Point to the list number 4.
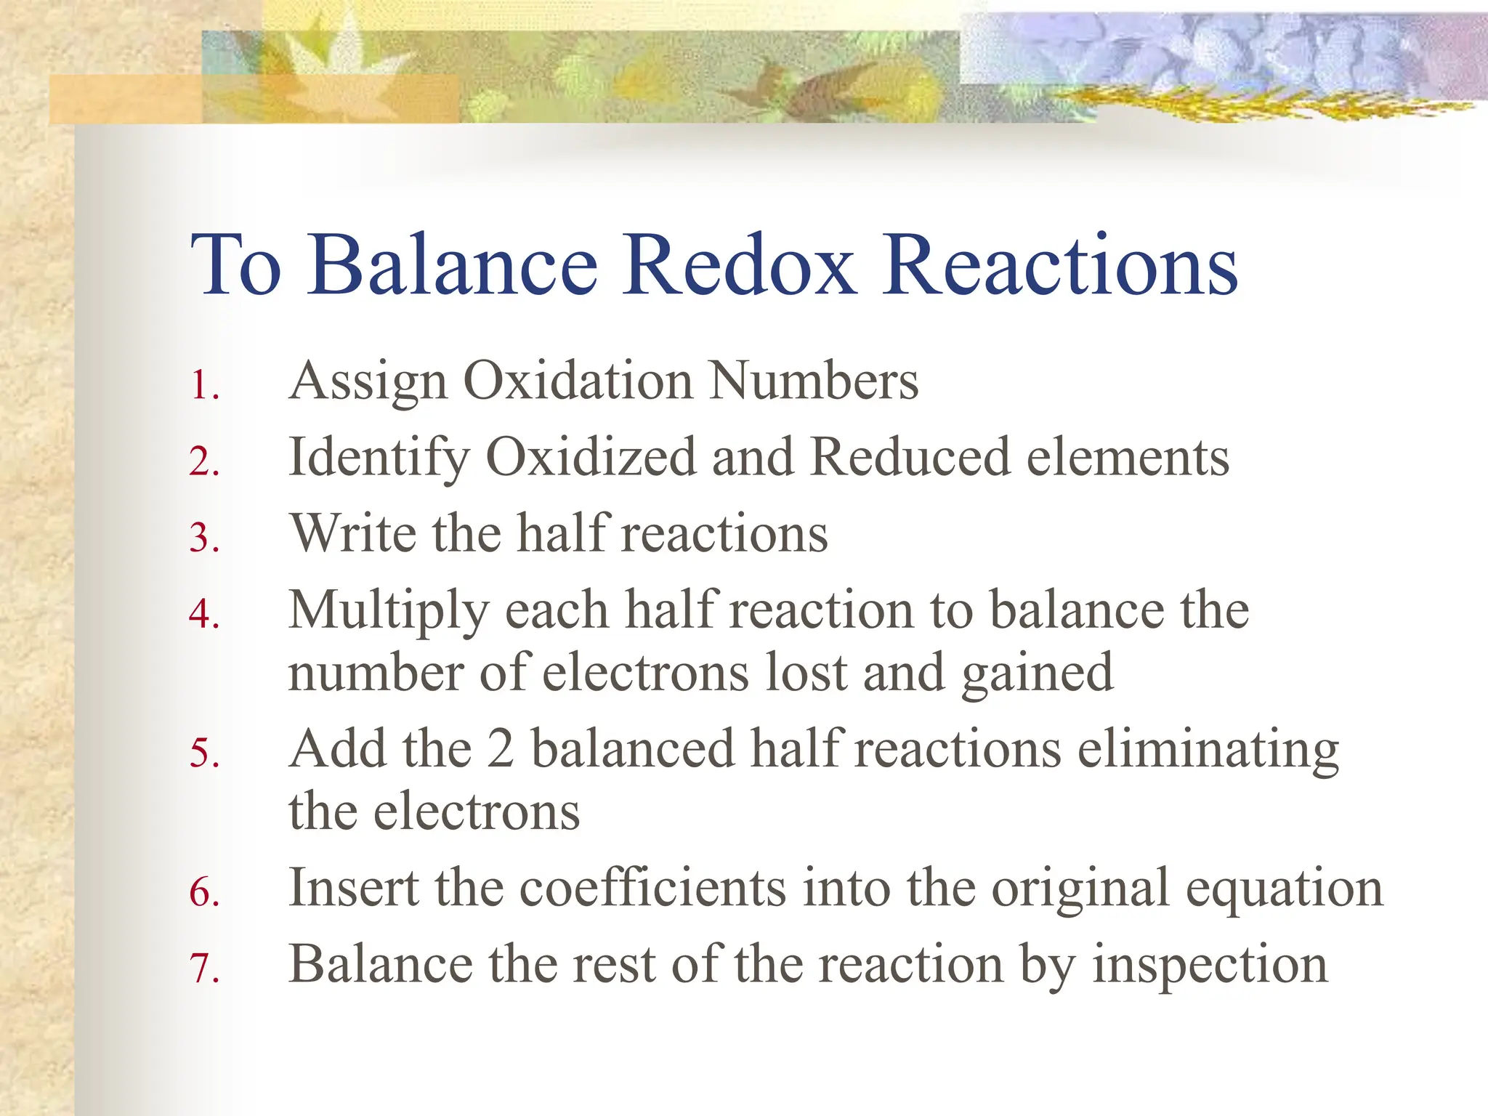click(203, 614)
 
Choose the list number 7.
click(203, 969)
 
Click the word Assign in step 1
click(368, 381)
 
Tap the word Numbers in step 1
click(814, 381)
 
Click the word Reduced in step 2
click(910, 458)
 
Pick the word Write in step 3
click(353, 533)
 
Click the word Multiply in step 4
click(389, 610)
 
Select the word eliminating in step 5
click(1208, 749)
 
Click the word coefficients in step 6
click(652, 888)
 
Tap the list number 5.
click(203, 753)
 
